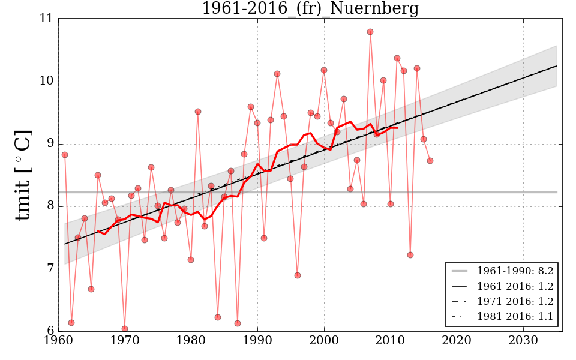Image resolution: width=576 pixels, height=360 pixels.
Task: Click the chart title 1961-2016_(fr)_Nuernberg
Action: point(310,8)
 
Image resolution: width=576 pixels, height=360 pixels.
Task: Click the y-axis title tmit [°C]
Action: point(23,175)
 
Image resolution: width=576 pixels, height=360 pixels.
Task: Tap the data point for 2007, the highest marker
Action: point(370,32)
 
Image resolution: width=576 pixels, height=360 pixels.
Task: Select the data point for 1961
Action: point(65,155)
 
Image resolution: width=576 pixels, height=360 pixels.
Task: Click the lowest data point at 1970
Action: point(125,329)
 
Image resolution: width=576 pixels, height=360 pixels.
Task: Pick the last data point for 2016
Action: point(430,161)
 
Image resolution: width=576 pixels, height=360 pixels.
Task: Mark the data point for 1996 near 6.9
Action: point(298,275)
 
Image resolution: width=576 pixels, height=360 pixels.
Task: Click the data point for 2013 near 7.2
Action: point(410,255)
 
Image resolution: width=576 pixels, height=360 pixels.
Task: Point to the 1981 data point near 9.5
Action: point(198,112)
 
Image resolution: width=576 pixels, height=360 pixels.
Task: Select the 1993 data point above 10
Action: point(277,74)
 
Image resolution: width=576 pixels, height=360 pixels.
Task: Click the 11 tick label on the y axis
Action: point(47,19)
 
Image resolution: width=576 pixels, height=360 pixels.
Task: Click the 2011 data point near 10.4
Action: point(397,58)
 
